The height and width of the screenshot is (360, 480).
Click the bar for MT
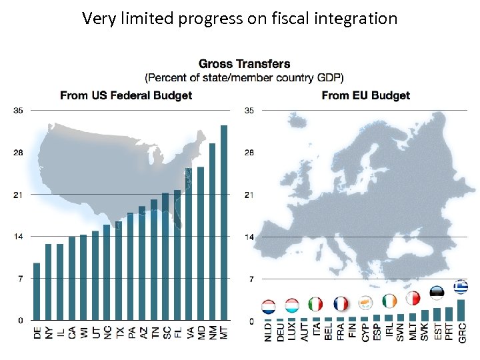[224, 223]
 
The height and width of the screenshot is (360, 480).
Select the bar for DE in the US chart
[37, 291]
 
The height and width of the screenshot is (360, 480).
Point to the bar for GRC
[461, 310]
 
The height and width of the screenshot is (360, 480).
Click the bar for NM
[212, 231]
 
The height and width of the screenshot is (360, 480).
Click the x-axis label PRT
[449, 333]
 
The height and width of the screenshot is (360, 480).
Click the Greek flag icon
[461, 287]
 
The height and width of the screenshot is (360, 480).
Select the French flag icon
[341, 305]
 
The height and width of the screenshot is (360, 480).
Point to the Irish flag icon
[389, 301]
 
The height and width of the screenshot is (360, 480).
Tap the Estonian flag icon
[437, 294]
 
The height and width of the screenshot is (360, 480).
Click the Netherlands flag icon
[268, 307]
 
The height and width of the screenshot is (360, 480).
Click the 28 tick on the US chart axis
[18, 153]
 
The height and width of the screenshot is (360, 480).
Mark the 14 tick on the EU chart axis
[249, 237]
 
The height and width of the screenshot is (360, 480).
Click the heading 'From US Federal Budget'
[126, 95]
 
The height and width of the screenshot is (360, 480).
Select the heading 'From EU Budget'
[365, 95]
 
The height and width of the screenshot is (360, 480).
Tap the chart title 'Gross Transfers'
[244, 64]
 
